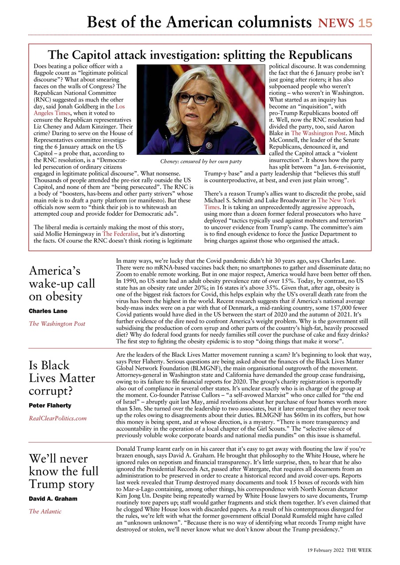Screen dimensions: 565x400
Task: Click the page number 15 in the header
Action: pos(365,23)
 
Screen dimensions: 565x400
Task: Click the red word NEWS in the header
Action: pos(336,23)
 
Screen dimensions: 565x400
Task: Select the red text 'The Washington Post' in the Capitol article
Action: pos(313,132)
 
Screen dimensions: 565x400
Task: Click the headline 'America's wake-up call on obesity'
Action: pos(62,283)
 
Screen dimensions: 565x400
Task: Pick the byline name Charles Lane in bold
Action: pos(48,311)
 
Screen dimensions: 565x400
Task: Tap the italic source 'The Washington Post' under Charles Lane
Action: pos(57,324)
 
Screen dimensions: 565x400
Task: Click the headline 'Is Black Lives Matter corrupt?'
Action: pos(62,378)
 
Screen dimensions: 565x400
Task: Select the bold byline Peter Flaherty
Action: pos(50,405)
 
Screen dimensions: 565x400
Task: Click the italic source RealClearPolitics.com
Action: pos(57,418)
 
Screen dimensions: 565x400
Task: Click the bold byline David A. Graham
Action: pos(53,499)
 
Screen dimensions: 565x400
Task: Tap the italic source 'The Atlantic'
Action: pos(45,512)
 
